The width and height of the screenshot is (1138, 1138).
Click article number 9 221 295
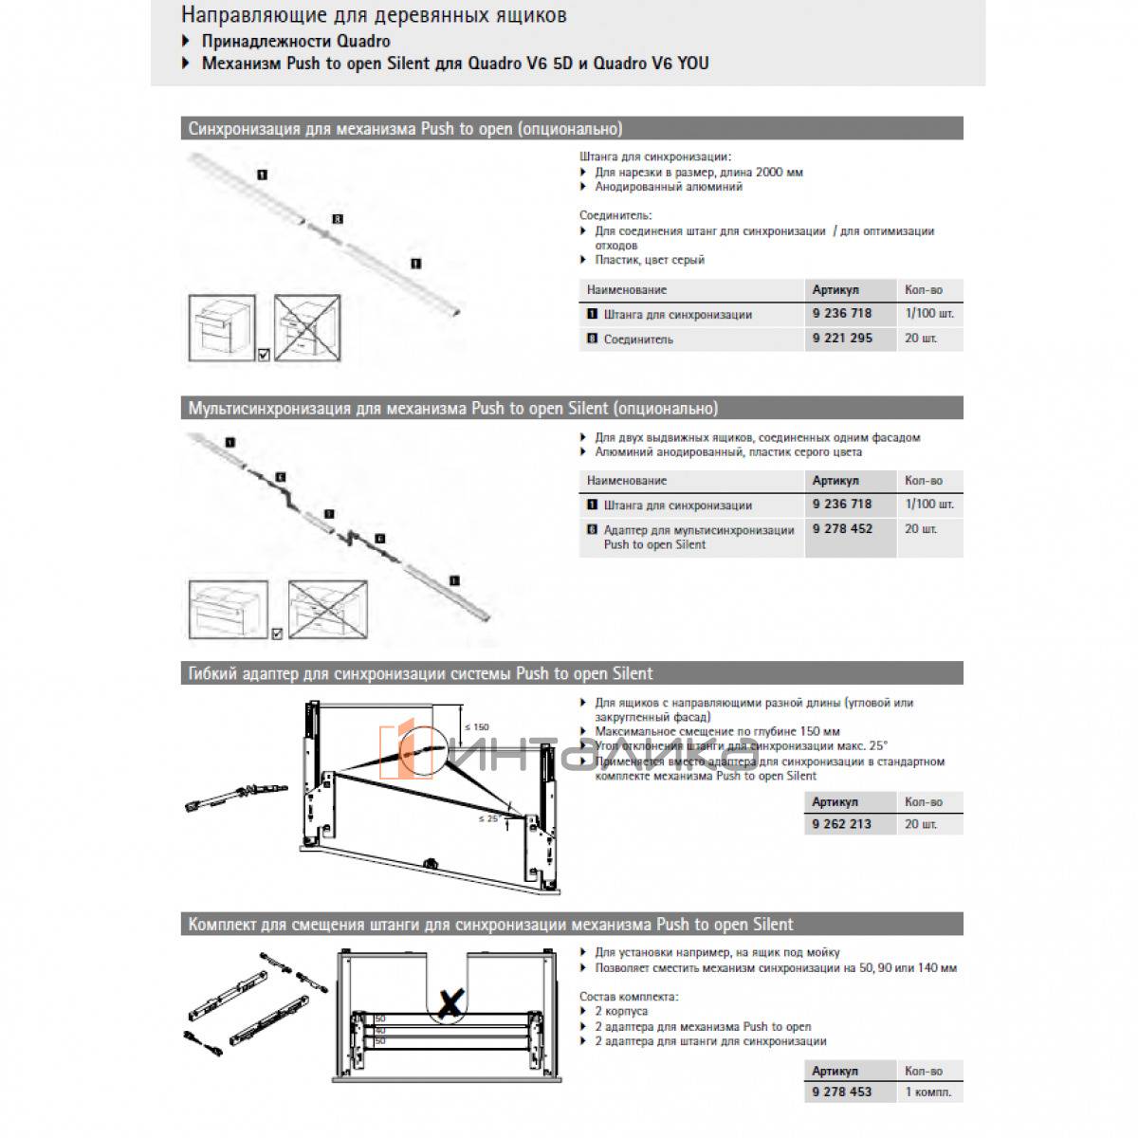[x=842, y=339]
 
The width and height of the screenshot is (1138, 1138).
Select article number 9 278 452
[x=842, y=529]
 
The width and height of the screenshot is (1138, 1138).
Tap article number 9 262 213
[x=841, y=824]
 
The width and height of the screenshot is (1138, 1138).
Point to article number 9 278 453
[x=841, y=1092]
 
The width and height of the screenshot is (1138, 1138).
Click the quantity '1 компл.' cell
[x=927, y=1092]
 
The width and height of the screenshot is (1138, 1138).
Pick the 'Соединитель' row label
[x=638, y=340]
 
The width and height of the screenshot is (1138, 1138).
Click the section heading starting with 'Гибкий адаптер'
[x=420, y=673]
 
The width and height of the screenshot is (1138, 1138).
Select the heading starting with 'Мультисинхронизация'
[x=452, y=409]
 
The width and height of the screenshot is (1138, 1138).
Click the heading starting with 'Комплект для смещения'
[x=490, y=924]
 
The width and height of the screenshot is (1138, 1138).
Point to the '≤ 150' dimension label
[x=473, y=727]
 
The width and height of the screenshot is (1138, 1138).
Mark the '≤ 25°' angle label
[x=488, y=817]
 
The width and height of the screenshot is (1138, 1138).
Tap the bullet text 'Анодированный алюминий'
[x=669, y=187]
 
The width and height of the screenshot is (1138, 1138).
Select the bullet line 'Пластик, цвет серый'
[x=650, y=260]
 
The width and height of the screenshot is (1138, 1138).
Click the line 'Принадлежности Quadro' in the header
[x=295, y=41]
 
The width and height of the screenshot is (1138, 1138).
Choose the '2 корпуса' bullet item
[x=621, y=1012]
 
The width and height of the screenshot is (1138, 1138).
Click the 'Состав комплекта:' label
[x=629, y=997]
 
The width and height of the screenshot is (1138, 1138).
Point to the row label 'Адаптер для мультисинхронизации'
[x=699, y=530]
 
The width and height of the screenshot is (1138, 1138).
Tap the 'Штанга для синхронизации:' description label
[x=655, y=157]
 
